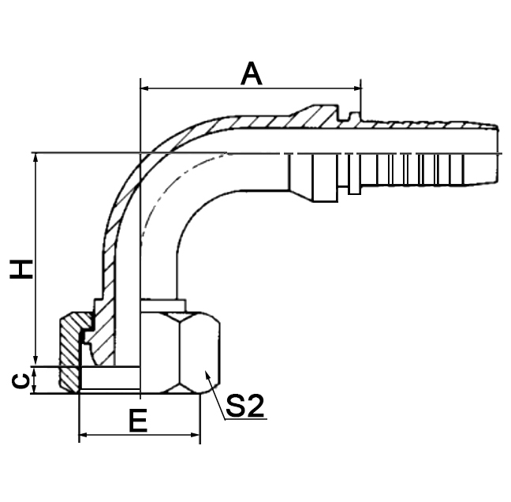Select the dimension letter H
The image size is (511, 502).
[22, 268]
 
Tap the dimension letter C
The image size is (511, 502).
[22, 380]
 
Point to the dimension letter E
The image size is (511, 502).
[138, 421]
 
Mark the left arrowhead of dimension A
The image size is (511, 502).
[145, 87]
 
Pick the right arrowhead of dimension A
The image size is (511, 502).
[356, 87]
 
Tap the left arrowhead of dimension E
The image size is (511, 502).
[84, 435]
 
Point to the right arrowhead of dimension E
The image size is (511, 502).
[195, 435]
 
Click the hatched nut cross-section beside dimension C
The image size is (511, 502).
[70, 355]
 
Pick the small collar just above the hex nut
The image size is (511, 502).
[164, 304]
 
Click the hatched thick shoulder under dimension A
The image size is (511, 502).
[315, 118]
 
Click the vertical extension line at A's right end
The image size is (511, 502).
[361, 99]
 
